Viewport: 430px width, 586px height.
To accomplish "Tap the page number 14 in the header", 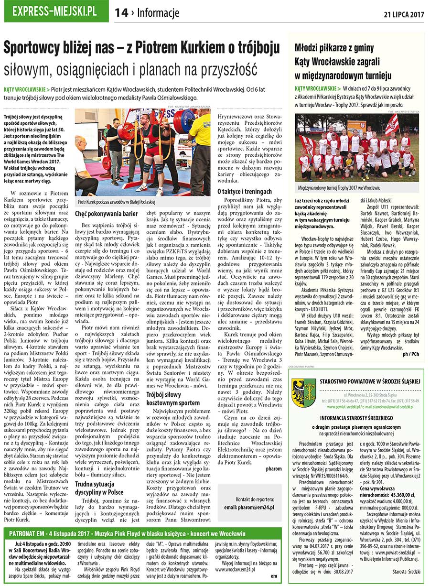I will click(121, 13).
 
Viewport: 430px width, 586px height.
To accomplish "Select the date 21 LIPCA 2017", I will click(404, 14).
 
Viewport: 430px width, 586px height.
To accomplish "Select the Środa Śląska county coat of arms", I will click(304, 392).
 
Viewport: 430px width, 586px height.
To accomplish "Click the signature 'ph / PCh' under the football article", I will click(411, 367).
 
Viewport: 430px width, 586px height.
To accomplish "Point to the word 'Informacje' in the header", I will click(158, 13).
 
